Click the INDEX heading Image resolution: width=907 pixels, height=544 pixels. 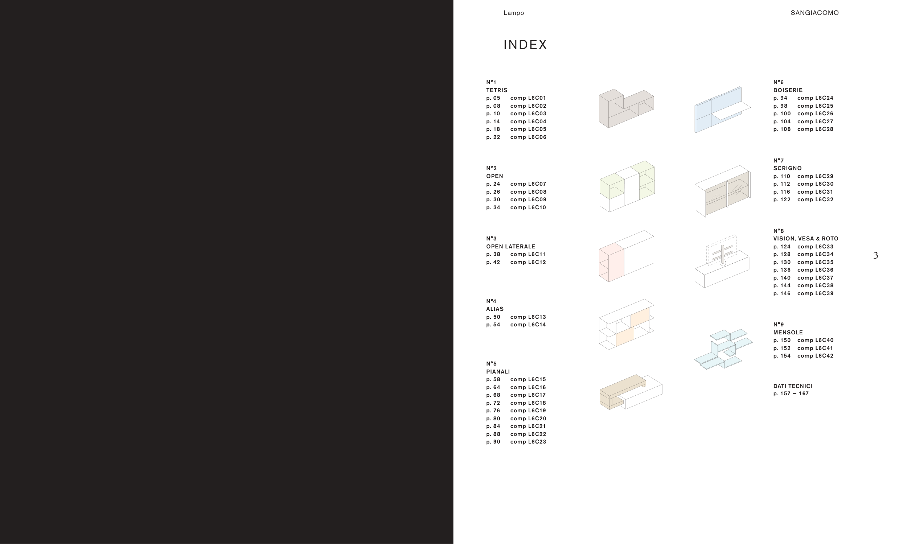(x=525, y=45)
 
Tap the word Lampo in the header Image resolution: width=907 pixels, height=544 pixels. (x=514, y=13)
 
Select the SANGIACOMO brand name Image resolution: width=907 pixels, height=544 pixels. (x=814, y=13)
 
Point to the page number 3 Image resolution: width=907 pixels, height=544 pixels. (x=875, y=256)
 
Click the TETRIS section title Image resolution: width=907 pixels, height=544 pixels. (x=497, y=90)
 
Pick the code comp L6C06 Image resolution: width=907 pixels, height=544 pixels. (x=528, y=137)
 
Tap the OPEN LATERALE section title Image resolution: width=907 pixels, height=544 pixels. (x=511, y=246)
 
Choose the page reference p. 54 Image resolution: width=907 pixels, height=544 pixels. (x=493, y=325)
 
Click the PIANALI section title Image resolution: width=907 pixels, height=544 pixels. (x=498, y=372)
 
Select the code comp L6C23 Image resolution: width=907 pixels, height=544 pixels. (x=528, y=442)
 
